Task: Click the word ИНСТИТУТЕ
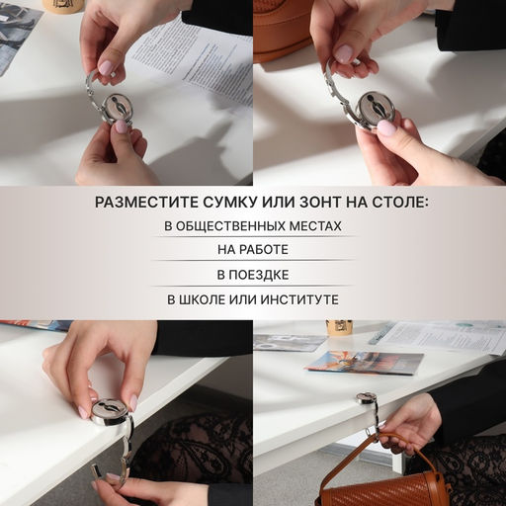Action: (297, 298)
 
